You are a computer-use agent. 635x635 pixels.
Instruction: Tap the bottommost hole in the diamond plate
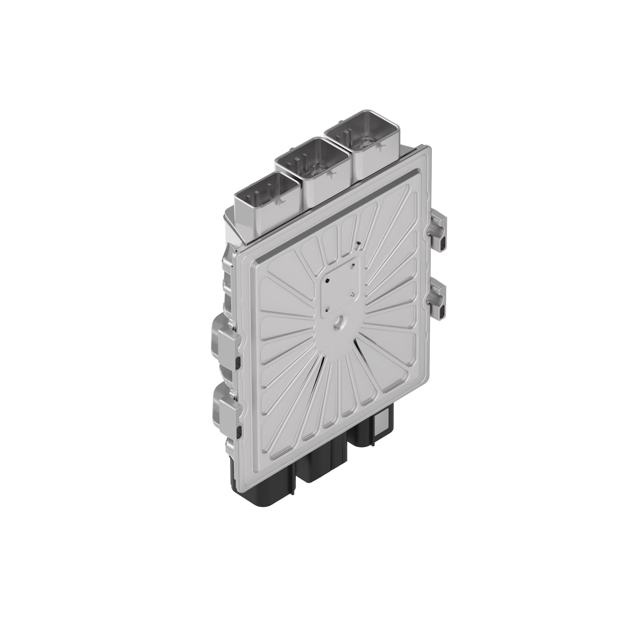(328, 308)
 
